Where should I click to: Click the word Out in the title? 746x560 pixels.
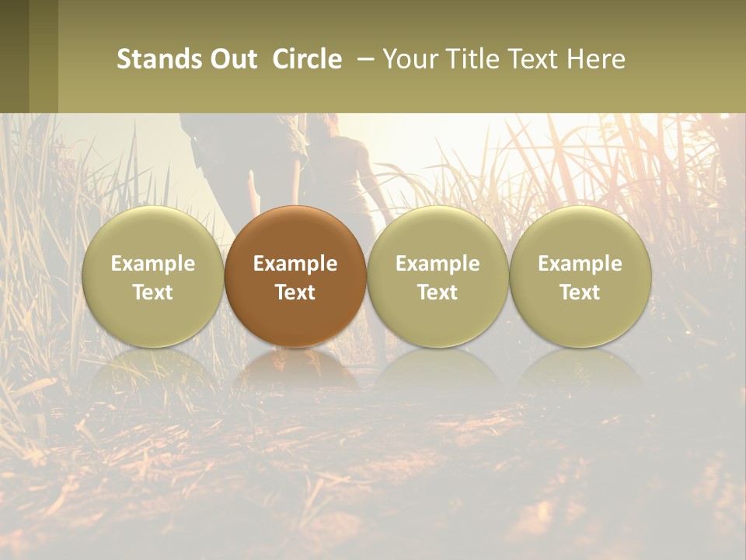(234, 59)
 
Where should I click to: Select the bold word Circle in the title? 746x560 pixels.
(307, 59)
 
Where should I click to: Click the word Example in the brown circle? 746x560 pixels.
(295, 264)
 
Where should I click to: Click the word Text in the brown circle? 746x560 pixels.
(295, 292)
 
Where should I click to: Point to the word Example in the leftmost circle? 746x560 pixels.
(152, 264)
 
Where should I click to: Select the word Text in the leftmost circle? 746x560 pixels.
(152, 292)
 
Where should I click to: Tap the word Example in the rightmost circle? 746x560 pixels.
(580, 264)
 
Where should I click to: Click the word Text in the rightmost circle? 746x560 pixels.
(580, 292)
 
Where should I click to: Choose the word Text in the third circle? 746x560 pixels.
(437, 292)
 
